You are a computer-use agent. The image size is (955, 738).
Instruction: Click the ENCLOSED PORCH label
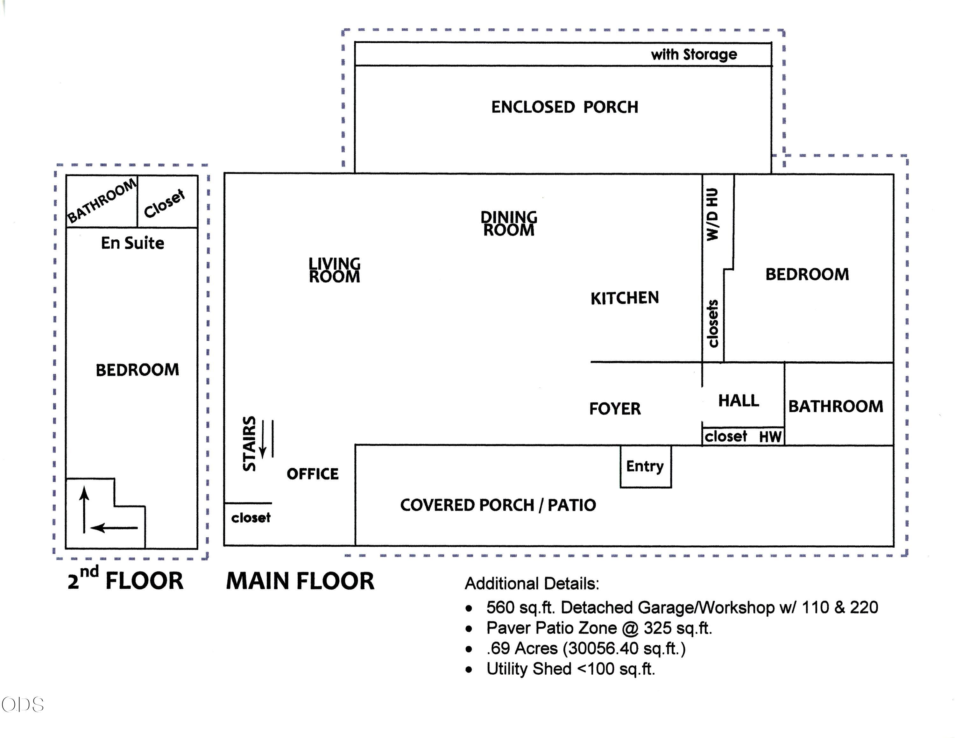[x=564, y=107]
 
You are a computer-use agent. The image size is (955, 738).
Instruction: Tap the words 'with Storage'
[x=694, y=54]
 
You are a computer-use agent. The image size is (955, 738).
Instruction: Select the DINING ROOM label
[x=509, y=224]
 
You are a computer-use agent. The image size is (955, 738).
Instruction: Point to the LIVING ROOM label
[x=335, y=270]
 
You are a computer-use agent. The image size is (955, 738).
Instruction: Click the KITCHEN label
[x=625, y=298]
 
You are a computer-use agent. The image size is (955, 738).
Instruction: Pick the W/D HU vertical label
[x=712, y=214]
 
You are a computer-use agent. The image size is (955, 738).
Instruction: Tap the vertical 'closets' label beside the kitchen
[x=712, y=323]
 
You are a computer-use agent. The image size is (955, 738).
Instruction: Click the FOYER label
[x=615, y=409]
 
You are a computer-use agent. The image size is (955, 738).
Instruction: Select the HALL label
[x=739, y=401]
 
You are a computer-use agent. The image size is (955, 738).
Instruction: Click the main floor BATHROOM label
[x=836, y=407]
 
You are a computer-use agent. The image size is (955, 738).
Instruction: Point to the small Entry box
[x=645, y=466]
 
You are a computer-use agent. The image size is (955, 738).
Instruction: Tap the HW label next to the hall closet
[x=770, y=437]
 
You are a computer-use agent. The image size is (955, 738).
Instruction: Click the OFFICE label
[x=313, y=474]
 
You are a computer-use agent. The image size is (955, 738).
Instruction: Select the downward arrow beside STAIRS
[x=263, y=439]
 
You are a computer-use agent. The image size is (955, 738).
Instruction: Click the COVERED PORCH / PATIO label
[x=498, y=505]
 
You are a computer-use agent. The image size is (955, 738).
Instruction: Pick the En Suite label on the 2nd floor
[x=132, y=243]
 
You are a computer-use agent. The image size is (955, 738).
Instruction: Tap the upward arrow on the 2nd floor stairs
[x=84, y=511]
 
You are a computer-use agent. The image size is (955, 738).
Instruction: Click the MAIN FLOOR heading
[x=300, y=581]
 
